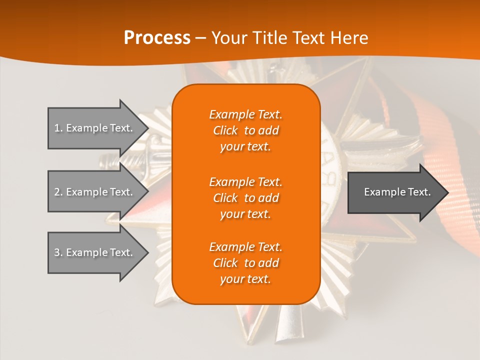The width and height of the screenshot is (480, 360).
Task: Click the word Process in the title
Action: point(157,38)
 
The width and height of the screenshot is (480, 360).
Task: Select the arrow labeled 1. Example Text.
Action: point(93,128)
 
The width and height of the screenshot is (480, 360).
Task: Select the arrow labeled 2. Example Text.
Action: point(93,192)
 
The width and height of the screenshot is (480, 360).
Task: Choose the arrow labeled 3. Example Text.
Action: point(93,252)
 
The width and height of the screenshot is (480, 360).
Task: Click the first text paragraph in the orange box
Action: point(245,130)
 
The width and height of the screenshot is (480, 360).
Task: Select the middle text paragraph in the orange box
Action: point(245,198)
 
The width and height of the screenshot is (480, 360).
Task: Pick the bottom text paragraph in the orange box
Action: point(245,263)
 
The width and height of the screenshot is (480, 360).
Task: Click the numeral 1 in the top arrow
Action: point(57,128)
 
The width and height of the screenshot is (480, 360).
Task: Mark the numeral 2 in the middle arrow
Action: point(57,192)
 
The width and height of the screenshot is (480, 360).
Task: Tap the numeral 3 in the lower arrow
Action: point(57,252)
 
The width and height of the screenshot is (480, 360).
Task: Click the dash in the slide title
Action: point(200,38)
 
